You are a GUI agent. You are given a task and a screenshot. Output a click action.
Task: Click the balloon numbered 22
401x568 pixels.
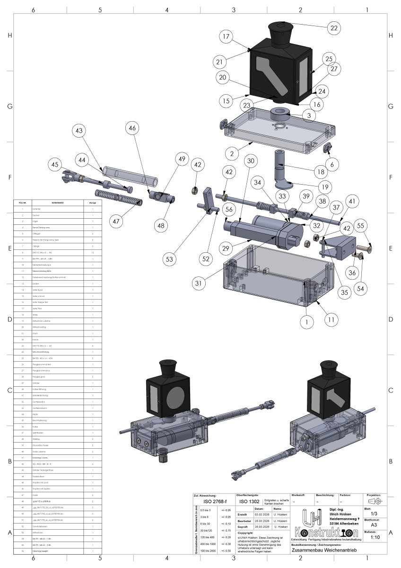click(x=334, y=28)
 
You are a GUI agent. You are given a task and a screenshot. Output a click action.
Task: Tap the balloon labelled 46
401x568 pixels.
click(x=133, y=128)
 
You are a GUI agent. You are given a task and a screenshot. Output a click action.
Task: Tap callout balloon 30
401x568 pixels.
click(x=251, y=161)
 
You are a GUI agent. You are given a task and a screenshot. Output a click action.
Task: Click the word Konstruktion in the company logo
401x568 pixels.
click(x=319, y=532)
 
